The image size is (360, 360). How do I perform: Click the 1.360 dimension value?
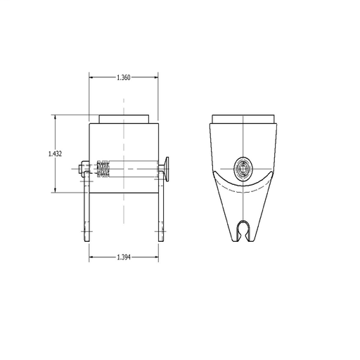pyautogui.click(x=124, y=77)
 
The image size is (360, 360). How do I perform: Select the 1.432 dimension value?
pyautogui.click(x=55, y=154)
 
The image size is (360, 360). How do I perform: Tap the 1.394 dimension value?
pyautogui.click(x=124, y=257)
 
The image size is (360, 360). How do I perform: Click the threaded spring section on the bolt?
pyautogui.click(x=103, y=169)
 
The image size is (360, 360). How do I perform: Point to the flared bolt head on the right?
pyautogui.click(x=165, y=169)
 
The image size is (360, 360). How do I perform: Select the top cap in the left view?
pyautogui.click(x=124, y=119)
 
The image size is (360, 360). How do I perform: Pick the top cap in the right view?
pyautogui.click(x=243, y=119)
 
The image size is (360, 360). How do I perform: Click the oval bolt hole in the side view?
pyautogui.click(x=243, y=168)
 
